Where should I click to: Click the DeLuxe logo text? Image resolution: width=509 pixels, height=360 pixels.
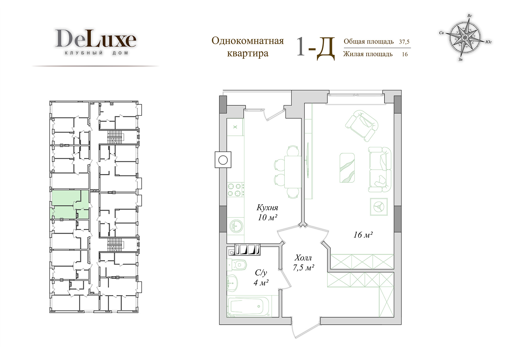pyautogui.click(x=96, y=38)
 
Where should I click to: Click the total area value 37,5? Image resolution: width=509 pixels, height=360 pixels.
pyautogui.click(x=404, y=42)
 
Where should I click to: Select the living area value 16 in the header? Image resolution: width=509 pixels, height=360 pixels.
pyautogui.click(x=405, y=54)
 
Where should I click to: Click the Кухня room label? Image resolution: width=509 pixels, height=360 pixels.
pyautogui.click(x=267, y=208)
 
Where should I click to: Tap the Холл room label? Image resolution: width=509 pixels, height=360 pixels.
pyautogui.click(x=303, y=258)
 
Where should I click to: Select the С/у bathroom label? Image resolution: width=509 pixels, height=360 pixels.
pyautogui.click(x=261, y=273)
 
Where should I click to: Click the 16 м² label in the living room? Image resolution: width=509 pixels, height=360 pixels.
pyautogui.click(x=363, y=234)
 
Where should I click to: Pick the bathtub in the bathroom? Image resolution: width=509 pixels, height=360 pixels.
pyautogui.click(x=249, y=306)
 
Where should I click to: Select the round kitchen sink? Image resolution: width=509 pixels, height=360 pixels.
pyautogui.click(x=236, y=226)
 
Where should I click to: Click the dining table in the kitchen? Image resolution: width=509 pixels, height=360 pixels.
pyautogui.click(x=292, y=172)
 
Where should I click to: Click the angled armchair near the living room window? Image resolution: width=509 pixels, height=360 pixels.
pyautogui.click(x=362, y=126)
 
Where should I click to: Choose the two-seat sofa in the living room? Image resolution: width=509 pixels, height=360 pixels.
pyautogui.click(x=380, y=169)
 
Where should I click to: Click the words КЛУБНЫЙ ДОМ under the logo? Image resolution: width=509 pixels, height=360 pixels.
pyautogui.click(x=96, y=53)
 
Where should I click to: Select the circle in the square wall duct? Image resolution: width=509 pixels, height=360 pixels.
pyautogui.click(x=223, y=160)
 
